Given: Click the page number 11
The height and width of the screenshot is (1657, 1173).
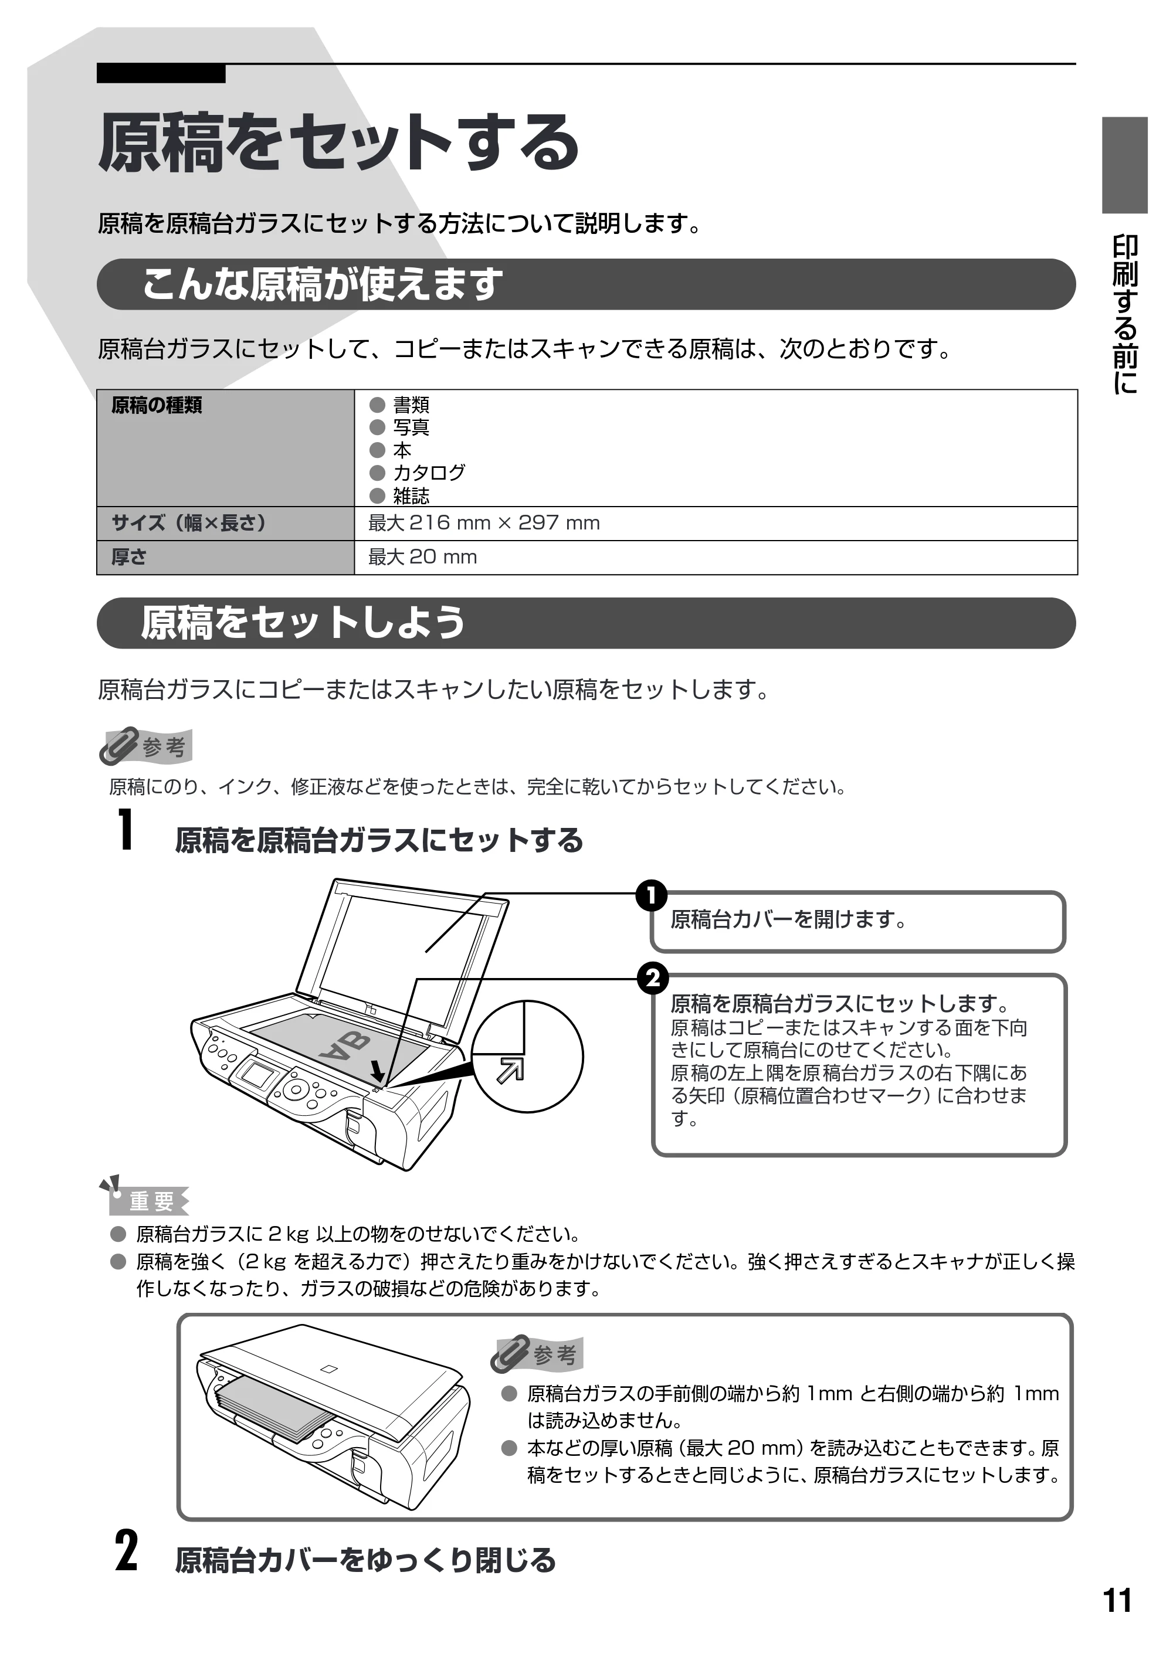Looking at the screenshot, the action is pos(1117,1600).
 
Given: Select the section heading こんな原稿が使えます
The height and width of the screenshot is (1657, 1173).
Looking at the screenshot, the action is pos(321,284).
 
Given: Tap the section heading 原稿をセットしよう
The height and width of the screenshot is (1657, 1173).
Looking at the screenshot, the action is pos(303,622).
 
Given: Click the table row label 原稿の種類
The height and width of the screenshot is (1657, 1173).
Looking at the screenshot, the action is pos(157,405).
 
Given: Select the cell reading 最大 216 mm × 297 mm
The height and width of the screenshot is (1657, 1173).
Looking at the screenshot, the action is pos(484,523).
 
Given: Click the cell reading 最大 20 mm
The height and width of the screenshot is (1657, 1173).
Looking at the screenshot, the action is pos(422,556).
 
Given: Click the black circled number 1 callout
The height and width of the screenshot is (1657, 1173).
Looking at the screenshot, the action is pos(652,895).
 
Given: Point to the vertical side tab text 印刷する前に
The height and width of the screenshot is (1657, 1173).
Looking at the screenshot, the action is pos(1124,314).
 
